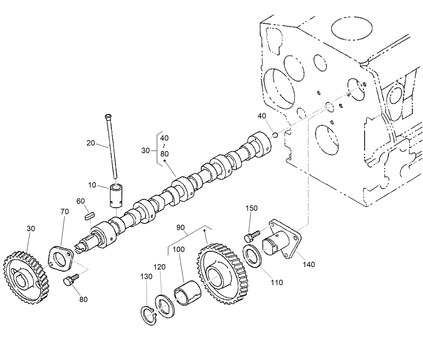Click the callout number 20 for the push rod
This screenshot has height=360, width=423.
91,143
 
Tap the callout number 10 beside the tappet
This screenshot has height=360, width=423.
92,185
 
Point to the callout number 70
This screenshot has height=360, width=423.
65,212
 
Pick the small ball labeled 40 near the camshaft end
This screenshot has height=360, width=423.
275,135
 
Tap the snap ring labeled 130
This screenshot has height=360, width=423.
148,316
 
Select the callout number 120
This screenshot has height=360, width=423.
160,267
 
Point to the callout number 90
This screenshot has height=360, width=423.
181,228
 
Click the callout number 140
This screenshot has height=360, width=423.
309,264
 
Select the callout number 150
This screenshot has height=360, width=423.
252,208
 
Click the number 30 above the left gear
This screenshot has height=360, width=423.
31,228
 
